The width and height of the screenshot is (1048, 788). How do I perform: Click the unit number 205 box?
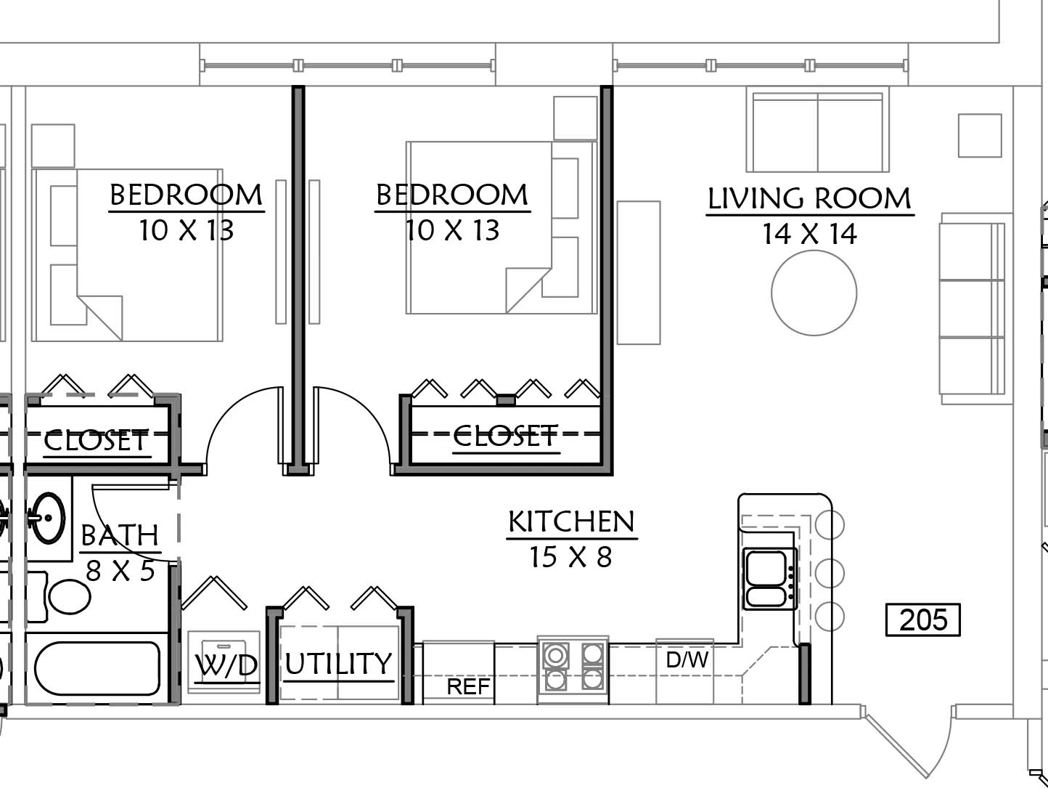click(x=922, y=620)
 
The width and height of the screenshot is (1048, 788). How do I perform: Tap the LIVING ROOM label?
click(x=810, y=198)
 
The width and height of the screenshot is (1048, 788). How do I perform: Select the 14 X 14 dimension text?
click(x=810, y=234)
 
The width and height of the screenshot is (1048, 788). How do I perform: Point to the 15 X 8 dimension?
click(x=571, y=557)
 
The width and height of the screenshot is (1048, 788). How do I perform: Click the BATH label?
click(x=119, y=535)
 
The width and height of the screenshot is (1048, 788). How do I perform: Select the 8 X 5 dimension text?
click(x=120, y=570)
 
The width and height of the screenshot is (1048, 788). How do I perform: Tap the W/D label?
click(x=226, y=665)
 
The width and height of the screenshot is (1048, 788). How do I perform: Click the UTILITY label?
click(x=338, y=664)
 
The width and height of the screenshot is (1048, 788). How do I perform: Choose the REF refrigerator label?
click(x=468, y=687)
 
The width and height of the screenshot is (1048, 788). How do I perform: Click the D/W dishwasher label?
click(x=687, y=659)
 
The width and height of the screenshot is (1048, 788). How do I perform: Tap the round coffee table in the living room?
click(x=814, y=293)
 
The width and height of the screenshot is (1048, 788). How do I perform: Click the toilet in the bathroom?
click(x=69, y=597)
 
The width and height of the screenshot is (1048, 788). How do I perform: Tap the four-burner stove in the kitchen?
click(x=573, y=669)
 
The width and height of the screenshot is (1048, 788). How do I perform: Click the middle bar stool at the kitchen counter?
click(x=830, y=573)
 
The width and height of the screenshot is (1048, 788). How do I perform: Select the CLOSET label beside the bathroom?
click(x=96, y=441)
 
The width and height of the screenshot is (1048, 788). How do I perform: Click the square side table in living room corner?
click(x=980, y=135)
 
